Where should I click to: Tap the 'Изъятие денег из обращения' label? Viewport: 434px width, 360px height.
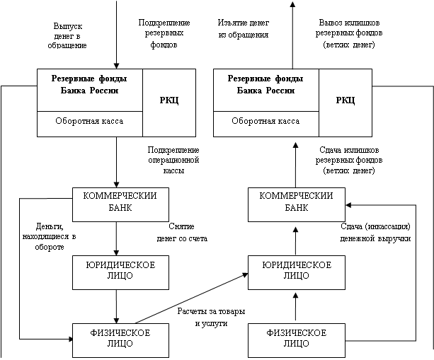coord(243,28)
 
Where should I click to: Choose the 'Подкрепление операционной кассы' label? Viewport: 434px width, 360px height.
coord(172,161)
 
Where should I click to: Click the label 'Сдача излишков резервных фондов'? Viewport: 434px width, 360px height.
coord(348,161)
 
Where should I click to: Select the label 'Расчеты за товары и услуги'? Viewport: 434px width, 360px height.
coord(211,318)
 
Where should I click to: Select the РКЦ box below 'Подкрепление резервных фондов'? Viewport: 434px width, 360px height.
coord(169,102)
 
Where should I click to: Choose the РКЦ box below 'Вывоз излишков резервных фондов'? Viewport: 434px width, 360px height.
coord(346,102)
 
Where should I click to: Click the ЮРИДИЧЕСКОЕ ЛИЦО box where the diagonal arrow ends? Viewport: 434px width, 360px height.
coord(296,271)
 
